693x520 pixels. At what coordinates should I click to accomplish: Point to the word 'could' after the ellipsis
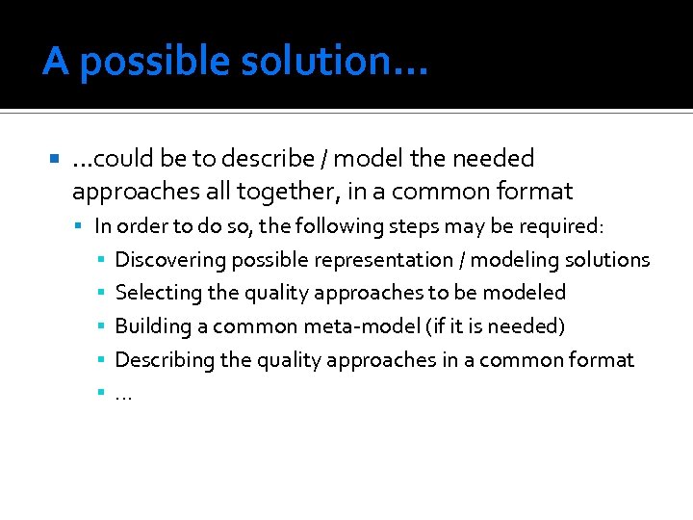126,159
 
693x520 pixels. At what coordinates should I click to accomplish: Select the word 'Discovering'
163,260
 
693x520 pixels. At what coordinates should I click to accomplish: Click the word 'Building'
152,326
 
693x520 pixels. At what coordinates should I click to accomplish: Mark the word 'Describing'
159,360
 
